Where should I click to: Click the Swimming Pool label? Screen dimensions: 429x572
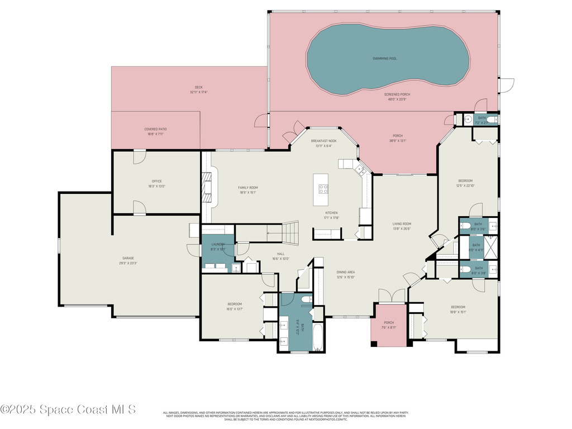click(x=385, y=58)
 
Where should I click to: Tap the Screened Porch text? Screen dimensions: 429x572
click(x=397, y=97)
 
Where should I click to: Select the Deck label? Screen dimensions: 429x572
click(x=199, y=89)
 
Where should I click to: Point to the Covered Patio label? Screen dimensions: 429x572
click(x=155, y=131)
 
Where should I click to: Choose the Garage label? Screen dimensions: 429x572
click(x=128, y=260)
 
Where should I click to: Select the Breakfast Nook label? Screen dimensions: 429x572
click(x=324, y=143)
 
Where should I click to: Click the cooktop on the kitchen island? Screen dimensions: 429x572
click(x=323, y=189)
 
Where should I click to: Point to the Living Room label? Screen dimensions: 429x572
click(x=402, y=226)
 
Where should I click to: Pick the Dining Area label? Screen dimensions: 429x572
click(x=346, y=274)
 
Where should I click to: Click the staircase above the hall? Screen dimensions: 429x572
click(x=289, y=230)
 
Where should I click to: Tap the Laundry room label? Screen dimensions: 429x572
click(x=218, y=246)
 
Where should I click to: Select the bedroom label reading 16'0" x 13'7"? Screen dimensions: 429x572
click(x=234, y=306)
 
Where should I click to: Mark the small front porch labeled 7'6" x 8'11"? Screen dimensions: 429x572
click(x=389, y=325)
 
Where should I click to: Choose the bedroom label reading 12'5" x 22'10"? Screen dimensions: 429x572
click(x=465, y=183)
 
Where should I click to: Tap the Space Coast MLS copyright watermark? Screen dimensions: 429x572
click(x=68, y=409)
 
